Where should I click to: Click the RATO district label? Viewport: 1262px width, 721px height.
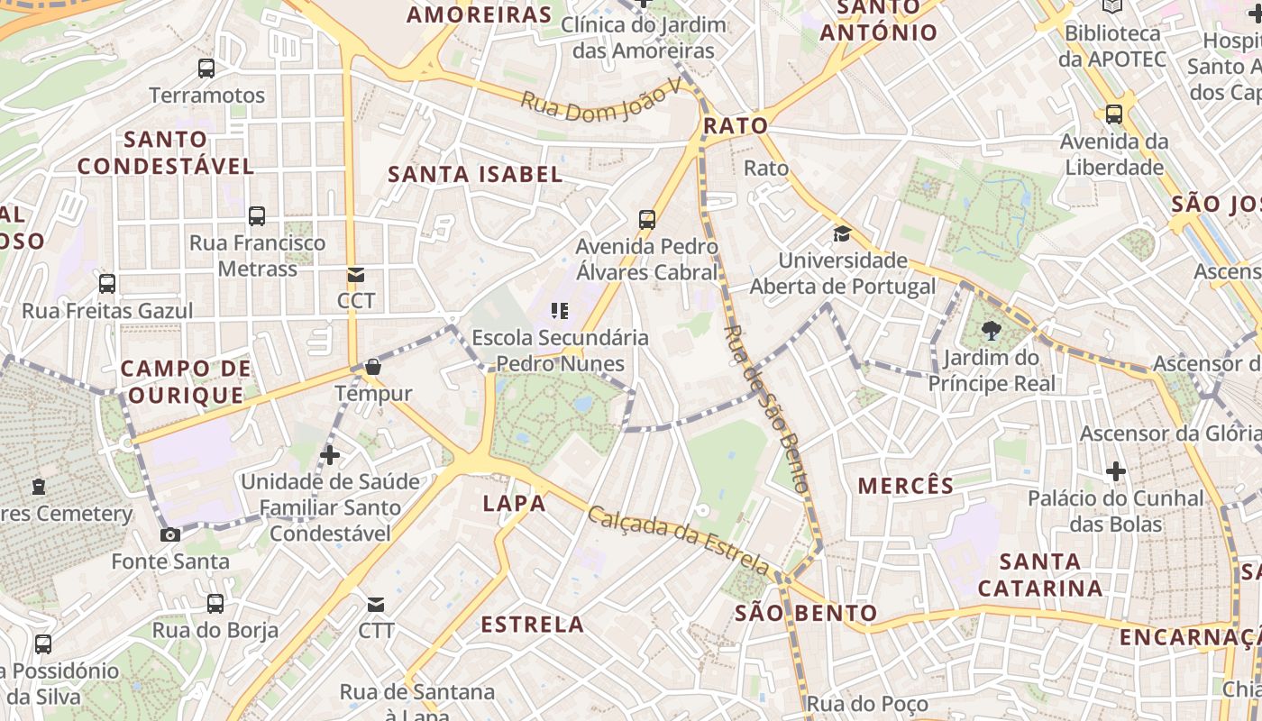pyautogui.click(x=736, y=126)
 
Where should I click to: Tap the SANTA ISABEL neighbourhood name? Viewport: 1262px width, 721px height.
pyautogui.click(x=475, y=175)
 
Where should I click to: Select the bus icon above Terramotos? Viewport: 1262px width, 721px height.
pyautogui.click(x=206, y=68)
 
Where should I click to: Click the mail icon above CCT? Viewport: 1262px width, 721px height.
pyautogui.click(x=356, y=274)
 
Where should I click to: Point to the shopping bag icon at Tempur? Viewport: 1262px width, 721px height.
pyautogui.click(x=372, y=367)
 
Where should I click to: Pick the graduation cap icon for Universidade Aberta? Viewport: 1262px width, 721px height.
pyautogui.click(x=842, y=233)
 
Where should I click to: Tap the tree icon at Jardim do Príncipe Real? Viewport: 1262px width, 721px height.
pyautogui.click(x=992, y=331)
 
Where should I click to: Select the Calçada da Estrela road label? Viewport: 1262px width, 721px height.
pyautogui.click(x=678, y=540)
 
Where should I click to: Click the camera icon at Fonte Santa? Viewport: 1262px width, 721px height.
pyautogui.click(x=169, y=534)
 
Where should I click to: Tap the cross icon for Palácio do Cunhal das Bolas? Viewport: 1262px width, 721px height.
pyautogui.click(x=1116, y=470)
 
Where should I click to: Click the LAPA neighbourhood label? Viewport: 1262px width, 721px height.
pyautogui.click(x=515, y=504)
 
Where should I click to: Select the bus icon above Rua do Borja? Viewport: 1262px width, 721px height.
pyautogui.click(x=215, y=604)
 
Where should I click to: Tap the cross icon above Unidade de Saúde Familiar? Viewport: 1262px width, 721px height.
pyautogui.click(x=331, y=455)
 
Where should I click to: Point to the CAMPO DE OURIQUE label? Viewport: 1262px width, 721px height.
pyautogui.click(x=185, y=382)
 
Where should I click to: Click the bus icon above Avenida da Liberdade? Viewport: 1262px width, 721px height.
pyautogui.click(x=1114, y=114)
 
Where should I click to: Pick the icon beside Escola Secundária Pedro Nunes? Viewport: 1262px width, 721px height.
pyautogui.click(x=560, y=311)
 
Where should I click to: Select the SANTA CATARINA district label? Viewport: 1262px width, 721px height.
pyautogui.click(x=1040, y=575)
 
